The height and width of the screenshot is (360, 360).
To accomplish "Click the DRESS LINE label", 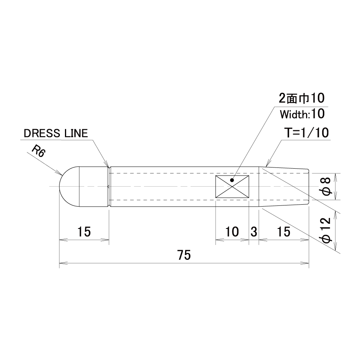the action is [56, 133].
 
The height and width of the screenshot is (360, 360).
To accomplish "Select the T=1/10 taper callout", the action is [306, 133].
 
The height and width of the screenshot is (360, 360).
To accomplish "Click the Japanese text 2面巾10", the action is [301, 98].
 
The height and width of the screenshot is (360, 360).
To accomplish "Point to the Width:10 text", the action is [302, 113].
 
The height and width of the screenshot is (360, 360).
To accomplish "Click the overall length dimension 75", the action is [184, 255].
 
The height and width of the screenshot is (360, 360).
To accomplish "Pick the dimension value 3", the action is [254, 232].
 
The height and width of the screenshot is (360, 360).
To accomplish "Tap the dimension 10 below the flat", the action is [232, 232].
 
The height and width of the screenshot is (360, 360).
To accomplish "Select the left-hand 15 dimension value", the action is [84, 232].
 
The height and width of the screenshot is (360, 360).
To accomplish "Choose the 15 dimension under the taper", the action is [284, 232].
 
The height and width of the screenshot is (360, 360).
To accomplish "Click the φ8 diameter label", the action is [326, 186].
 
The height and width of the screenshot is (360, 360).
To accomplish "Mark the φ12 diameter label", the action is [326, 230].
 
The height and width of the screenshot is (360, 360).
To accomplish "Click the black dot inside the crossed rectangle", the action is [232, 180].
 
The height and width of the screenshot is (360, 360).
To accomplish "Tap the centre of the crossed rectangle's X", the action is [232, 186].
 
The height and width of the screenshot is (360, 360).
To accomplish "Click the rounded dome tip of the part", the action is [69, 186].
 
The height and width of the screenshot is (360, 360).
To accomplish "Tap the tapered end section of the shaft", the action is [284, 186].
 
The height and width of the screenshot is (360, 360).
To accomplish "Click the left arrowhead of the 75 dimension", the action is [63, 263].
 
